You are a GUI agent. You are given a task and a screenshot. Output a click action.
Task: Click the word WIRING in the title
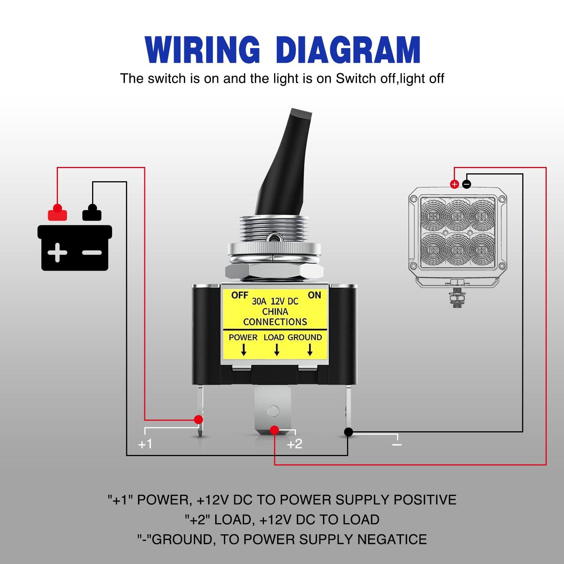202,50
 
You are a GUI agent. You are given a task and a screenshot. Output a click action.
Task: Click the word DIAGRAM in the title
348,50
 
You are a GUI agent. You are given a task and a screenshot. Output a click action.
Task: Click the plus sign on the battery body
58,252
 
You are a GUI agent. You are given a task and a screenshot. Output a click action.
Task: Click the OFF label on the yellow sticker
240,295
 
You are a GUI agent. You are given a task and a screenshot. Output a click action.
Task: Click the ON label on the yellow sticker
314,295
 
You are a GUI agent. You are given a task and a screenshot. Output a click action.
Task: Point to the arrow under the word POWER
244,350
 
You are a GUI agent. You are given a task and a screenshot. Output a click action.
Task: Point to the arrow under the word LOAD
277,350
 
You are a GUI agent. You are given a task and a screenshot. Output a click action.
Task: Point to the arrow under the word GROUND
310,350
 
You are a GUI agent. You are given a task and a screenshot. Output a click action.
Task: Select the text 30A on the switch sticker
259,301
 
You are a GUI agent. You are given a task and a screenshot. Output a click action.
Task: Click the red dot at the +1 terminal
199,420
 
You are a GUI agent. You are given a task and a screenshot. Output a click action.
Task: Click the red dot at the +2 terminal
274,430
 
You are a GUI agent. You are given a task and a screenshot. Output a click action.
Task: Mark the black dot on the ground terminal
349,432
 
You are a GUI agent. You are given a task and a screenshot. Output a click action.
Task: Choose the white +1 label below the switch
145,444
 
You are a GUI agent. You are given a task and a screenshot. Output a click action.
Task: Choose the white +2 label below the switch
294,444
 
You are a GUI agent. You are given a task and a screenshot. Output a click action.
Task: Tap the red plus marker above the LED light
455,184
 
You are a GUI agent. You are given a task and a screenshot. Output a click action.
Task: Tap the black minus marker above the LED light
467,184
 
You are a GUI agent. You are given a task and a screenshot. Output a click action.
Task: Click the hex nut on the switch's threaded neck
274,271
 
